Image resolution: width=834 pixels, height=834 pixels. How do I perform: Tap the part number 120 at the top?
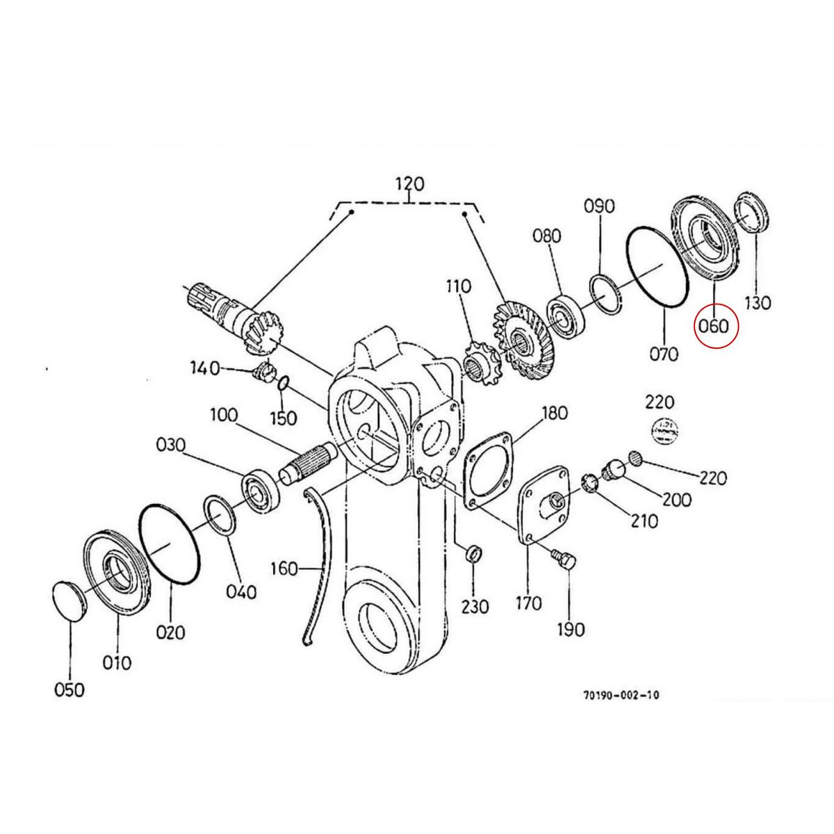tap(409, 184)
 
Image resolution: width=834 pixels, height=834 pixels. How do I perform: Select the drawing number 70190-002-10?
tap(622, 694)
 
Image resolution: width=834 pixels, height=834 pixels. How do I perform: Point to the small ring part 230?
tap(473, 554)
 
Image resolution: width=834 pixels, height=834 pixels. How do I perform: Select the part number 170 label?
tap(528, 603)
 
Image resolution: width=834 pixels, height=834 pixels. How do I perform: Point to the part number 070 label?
tap(664, 354)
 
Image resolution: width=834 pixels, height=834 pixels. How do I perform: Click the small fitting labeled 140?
tap(263, 372)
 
